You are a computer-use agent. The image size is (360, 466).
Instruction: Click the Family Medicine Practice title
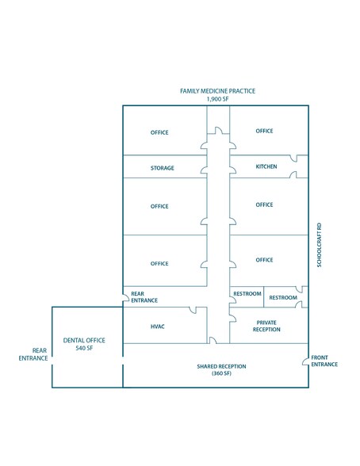pos(217,91)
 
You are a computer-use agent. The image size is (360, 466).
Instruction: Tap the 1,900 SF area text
pos(217,99)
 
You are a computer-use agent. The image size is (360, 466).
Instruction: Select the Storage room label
pos(163,168)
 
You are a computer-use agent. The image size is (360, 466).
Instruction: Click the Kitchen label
pos(266,166)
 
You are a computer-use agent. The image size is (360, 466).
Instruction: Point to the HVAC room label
pos(158,327)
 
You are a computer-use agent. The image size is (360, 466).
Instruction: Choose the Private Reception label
pos(266,326)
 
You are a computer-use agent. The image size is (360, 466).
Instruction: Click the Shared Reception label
pos(221,366)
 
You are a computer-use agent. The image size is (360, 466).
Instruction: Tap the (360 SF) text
pos(221,373)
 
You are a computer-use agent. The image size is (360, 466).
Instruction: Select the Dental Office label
pos(84,340)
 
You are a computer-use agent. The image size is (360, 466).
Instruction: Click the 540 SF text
pos(84,348)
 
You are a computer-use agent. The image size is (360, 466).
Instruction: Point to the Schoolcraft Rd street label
pos(320,245)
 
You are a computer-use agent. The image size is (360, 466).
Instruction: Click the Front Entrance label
pos(324,361)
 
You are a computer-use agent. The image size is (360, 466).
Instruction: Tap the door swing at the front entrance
pos(304,361)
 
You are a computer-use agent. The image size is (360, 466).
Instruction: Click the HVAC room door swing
pos(193,311)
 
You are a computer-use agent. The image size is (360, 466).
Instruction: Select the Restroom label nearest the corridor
pos(247,293)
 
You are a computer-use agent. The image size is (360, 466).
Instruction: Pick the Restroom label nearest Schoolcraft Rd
pos(283,297)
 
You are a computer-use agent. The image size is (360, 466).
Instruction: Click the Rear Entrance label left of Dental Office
pos(33,354)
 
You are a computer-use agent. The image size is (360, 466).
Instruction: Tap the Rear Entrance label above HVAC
pos(144,297)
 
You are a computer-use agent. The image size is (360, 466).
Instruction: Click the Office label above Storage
pos(159,132)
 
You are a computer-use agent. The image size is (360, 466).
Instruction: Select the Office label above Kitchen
pos(264,131)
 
